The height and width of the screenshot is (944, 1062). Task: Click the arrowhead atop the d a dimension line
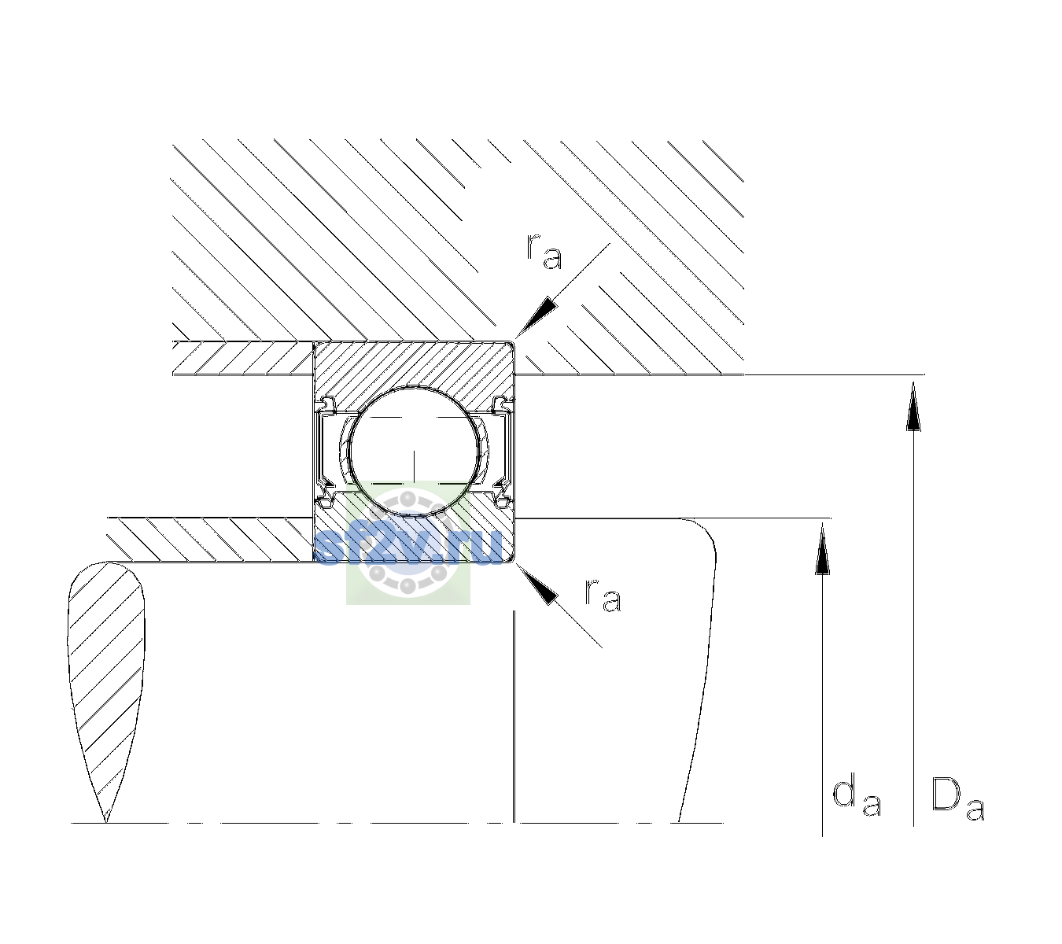click(822, 548)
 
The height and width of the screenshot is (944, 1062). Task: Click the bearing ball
click(414, 452)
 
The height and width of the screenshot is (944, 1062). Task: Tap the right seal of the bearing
click(503, 452)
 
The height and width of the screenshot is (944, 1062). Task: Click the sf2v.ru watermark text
click(407, 546)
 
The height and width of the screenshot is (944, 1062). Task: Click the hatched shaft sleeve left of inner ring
click(210, 540)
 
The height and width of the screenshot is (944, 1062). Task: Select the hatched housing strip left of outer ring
click(243, 359)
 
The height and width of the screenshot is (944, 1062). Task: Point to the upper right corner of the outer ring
click(514, 342)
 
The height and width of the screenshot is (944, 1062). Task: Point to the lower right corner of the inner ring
click(514, 562)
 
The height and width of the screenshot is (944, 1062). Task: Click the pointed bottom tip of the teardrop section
click(106, 822)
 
